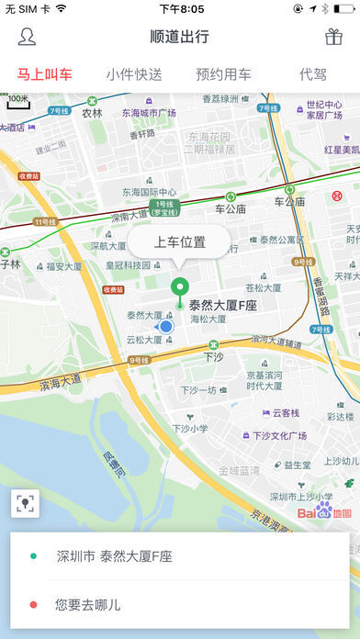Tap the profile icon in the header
(28, 37)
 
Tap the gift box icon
(332, 37)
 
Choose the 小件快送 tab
(134, 74)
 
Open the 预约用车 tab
(224, 74)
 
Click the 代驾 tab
(312, 74)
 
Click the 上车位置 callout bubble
(180, 243)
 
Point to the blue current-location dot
(165, 326)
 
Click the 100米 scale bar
(19, 101)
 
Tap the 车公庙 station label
(231, 208)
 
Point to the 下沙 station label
(213, 355)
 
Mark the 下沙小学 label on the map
(193, 428)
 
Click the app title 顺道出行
(180, 37)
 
